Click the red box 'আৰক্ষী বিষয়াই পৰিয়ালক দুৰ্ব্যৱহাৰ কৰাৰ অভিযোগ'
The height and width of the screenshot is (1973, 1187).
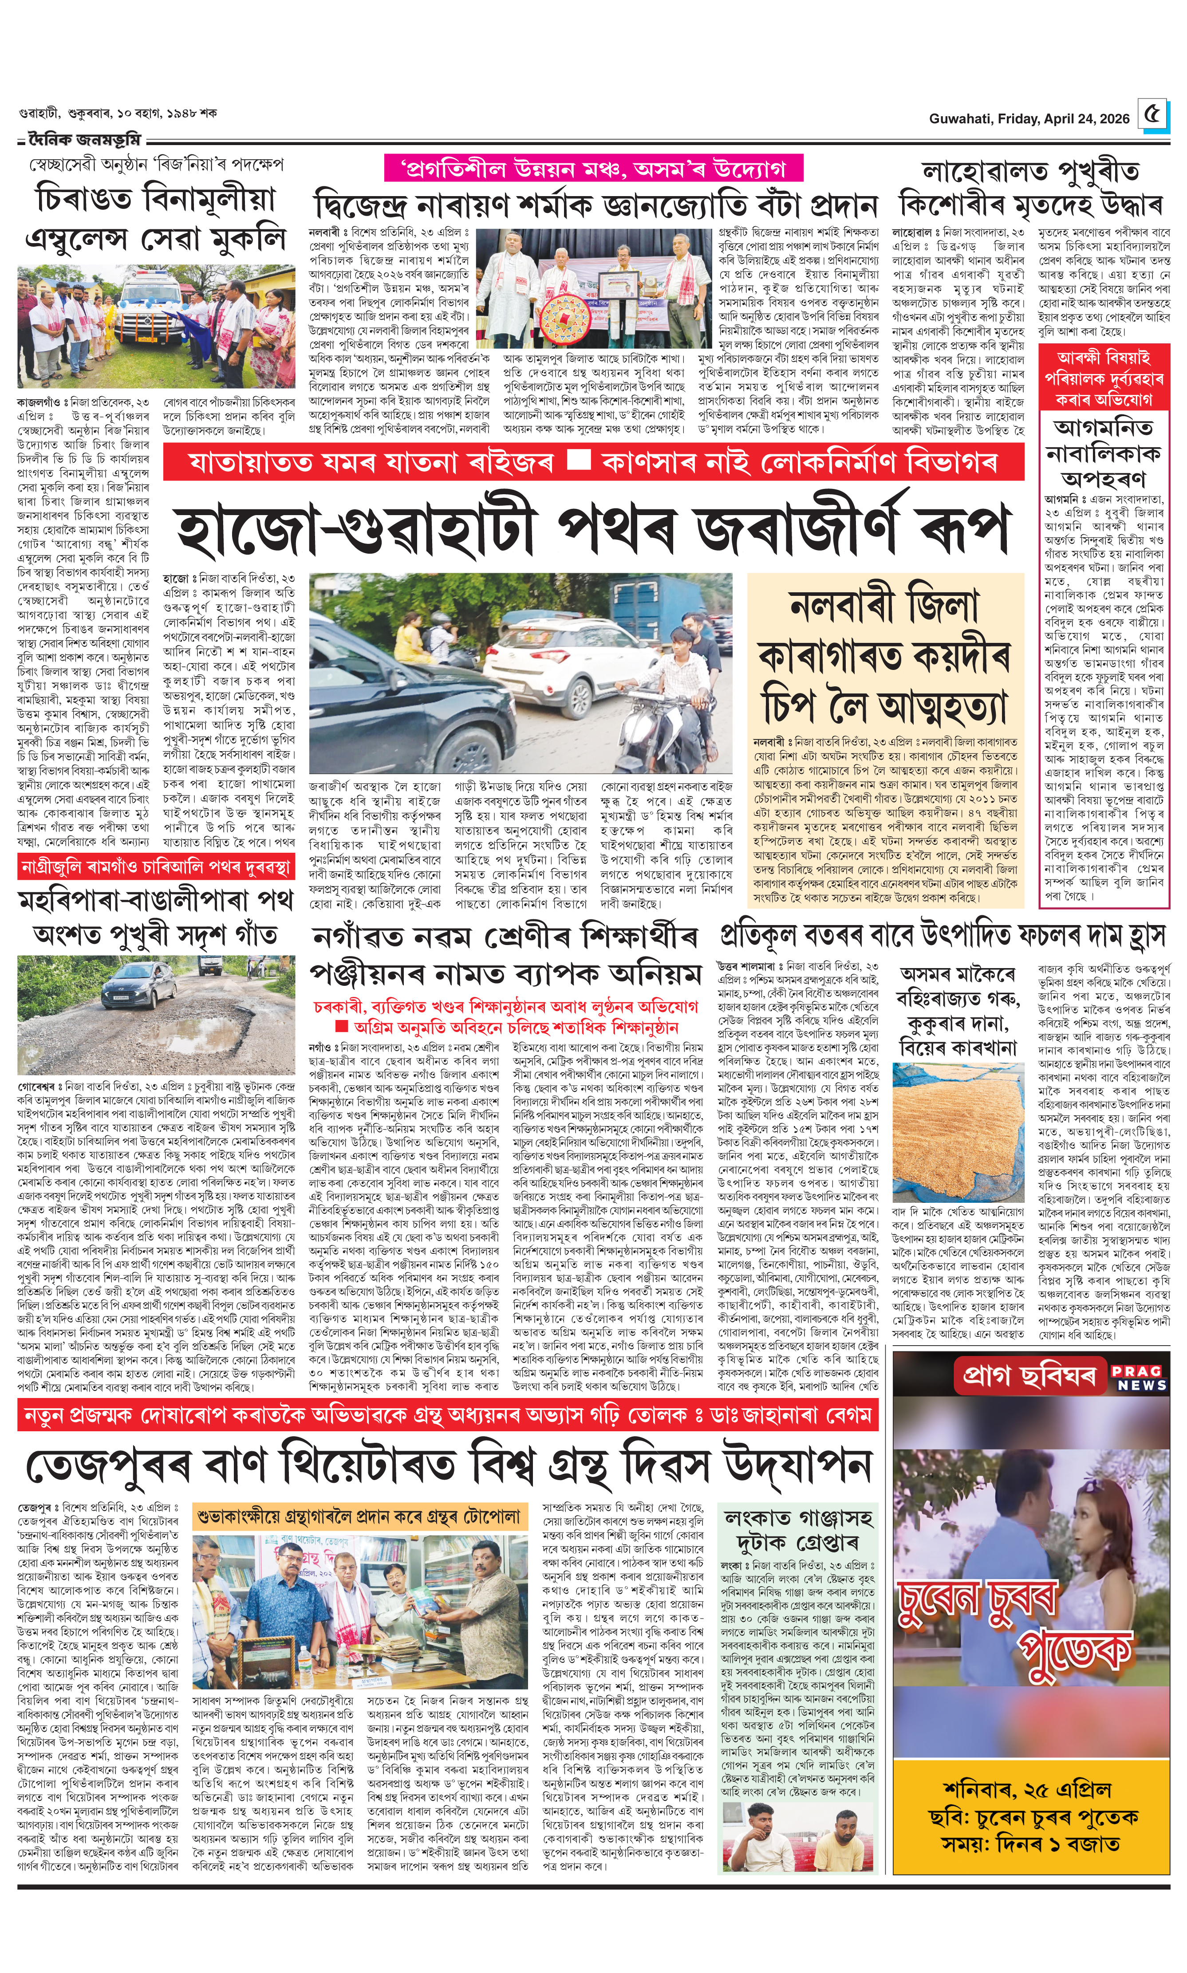(x=1104, y=378)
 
